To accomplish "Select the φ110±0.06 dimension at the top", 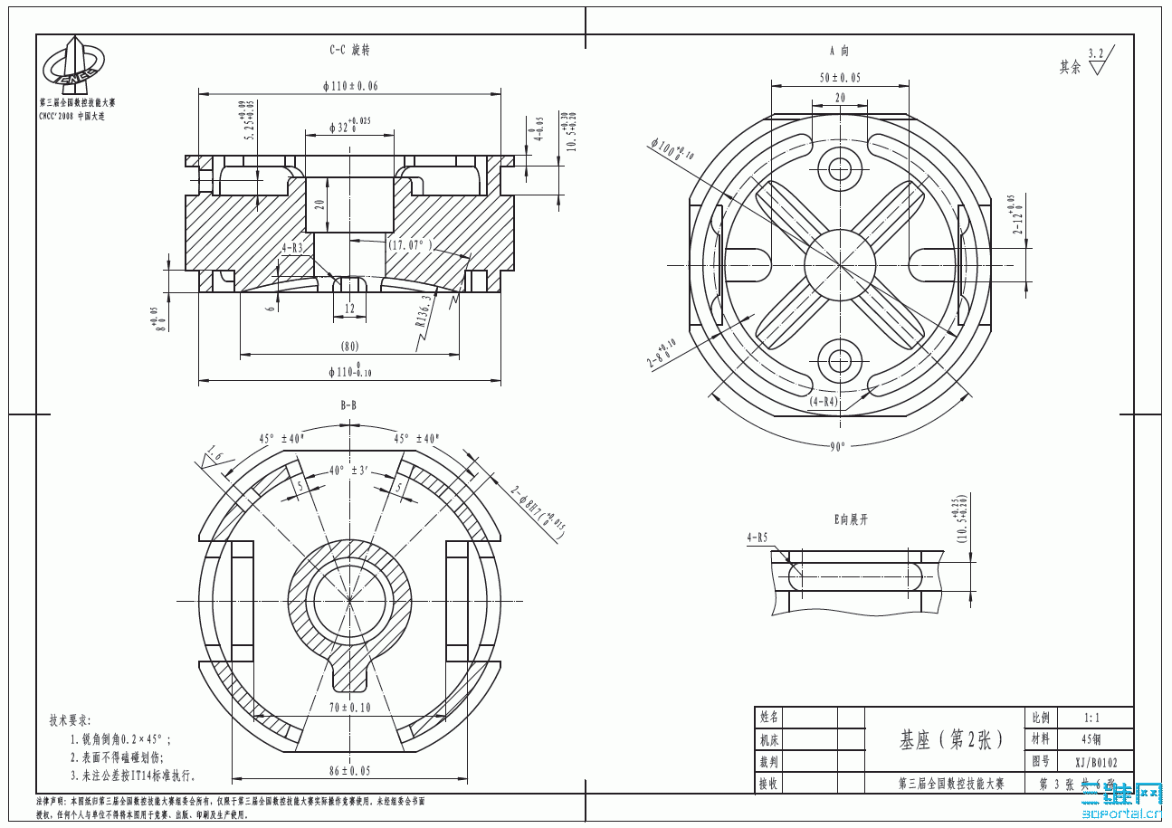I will pyautogui.click(x=349, y=86).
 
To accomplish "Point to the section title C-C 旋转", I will pyautogui.click(x=349, y=51).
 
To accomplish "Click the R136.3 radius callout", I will pyautogui.click(x=424, y=309).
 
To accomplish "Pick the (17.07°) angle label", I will pyautogui.click(x=410, y=244).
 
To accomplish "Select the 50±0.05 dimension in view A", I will pyautogui.click(x=840, y=78).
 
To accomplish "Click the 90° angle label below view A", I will pyautogui.click(x=839, y=446).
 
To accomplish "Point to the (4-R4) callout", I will pyautogui.click(x=824, y=400).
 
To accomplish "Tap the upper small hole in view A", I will pyautogui.click(x=840, y=168).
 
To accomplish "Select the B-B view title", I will pyautogui.click(x=348, y=405).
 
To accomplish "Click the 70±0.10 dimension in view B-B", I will pyautogui.click(x=348, y=708).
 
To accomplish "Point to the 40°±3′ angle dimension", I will pyautogui.click(x=348, y=471).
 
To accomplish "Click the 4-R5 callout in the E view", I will pyautogui.click(x=757, y=538).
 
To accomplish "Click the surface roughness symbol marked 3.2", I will pyautogui.click(x=1096, y=63).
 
